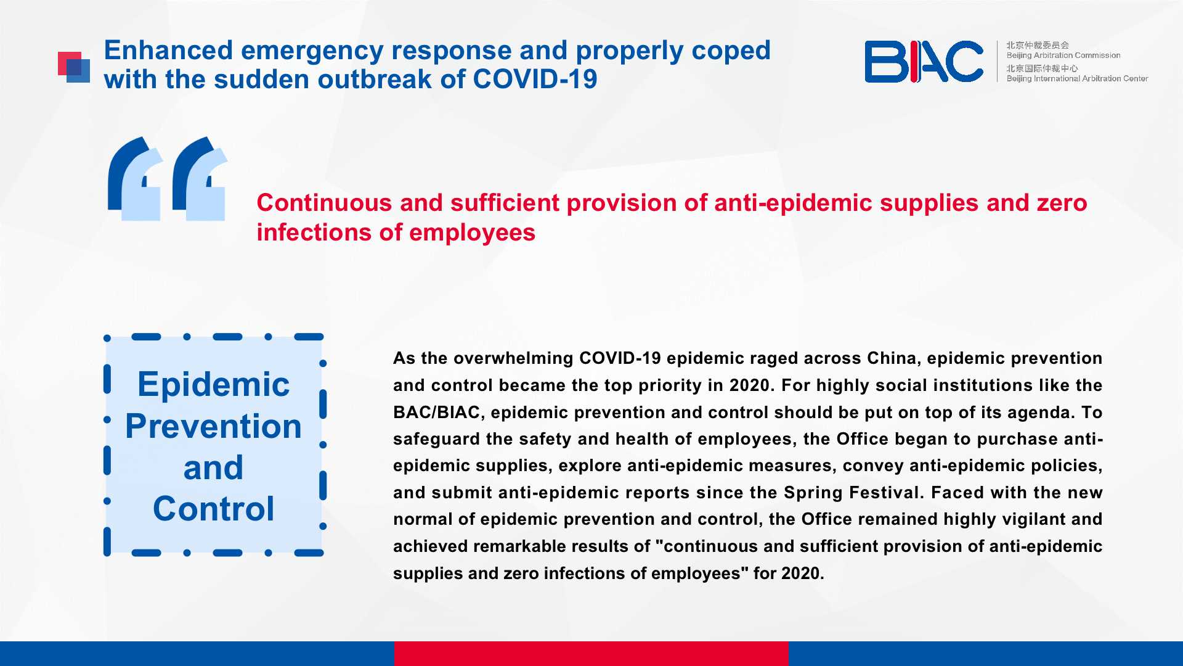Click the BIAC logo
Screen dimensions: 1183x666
pyautogui.click(x=924, y=62)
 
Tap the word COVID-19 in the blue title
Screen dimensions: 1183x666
pyautogui.click(x=535, y=79)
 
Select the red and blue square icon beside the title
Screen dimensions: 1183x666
pyautogui.click(x=74, y=67)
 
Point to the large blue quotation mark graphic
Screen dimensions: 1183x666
pyautogui.click(x=168, y=179)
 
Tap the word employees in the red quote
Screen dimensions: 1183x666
pyautogui.click(x=473, y=233)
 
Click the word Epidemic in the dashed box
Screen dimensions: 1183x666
pyautogui.click(x=213, y=385)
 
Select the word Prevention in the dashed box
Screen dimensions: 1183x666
pyautogui.click(x=213, y=426)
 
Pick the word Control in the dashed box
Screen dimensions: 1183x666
pyautogui.click(x=213, y=509)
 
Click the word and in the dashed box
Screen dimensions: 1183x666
pyautogui.click(x=213, y=467)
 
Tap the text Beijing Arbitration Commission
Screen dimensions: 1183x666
pyautogui.click(x=1063, y=55)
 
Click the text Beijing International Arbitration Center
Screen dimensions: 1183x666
pyautogui.click(x=1077, y=78)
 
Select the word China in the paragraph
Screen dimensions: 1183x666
pyautogui.click(x=891, y=358)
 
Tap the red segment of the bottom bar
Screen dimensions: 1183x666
pyautogui.click(x=591, y=654)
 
